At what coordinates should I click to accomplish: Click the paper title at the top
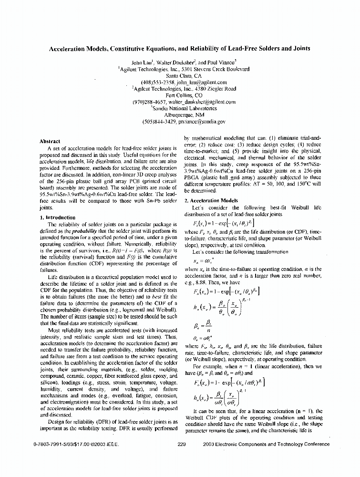coord(180,48)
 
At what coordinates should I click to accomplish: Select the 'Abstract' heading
coord(50,141)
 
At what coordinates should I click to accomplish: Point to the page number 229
coord(181,444)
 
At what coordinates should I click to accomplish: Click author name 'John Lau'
coord(142,62)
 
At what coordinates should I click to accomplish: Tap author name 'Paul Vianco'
coord(217,62)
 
